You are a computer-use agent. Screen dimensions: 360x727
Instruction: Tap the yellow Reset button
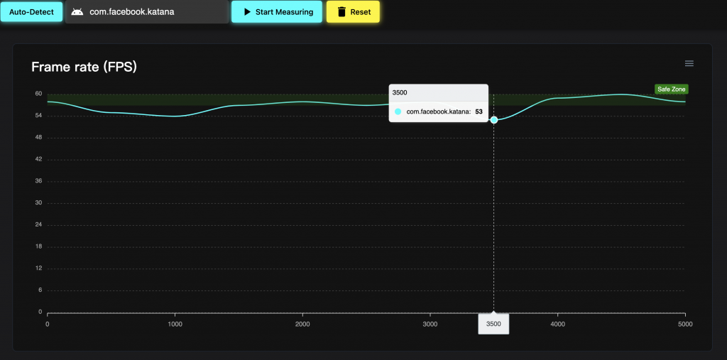[x=353, y=12]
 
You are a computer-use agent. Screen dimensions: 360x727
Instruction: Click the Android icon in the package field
[x=77, y=12]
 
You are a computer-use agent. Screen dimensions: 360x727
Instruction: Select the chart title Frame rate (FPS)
[x=84, y=67]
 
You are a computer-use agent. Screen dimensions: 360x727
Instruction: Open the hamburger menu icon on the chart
[x=689, y=63]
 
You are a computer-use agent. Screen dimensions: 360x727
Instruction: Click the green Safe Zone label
[x=671, y=89]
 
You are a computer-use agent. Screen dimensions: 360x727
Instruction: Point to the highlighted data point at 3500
[x=493, y=120]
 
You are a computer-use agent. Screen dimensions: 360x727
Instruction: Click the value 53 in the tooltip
[x=479, y=111]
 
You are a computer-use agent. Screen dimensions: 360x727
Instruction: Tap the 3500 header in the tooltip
[x=400, y=92]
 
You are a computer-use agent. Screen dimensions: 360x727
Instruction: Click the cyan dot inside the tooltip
[x=398, y=111]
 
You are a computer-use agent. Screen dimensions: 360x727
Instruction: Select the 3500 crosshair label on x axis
[x=493, y=324]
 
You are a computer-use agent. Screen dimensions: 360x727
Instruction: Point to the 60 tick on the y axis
[x=39, y=94]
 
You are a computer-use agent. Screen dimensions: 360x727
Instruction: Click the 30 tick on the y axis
[x=39, y=203]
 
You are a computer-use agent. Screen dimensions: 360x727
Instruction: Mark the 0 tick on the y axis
[x=40, y=312]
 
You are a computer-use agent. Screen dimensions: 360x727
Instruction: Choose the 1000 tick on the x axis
[x=175, y=324]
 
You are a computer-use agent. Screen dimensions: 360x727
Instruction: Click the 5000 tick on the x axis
[x=684, y=324]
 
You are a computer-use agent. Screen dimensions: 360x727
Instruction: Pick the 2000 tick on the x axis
[x=302, y=324]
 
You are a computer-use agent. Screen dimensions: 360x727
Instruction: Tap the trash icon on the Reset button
[x=341, y=12]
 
